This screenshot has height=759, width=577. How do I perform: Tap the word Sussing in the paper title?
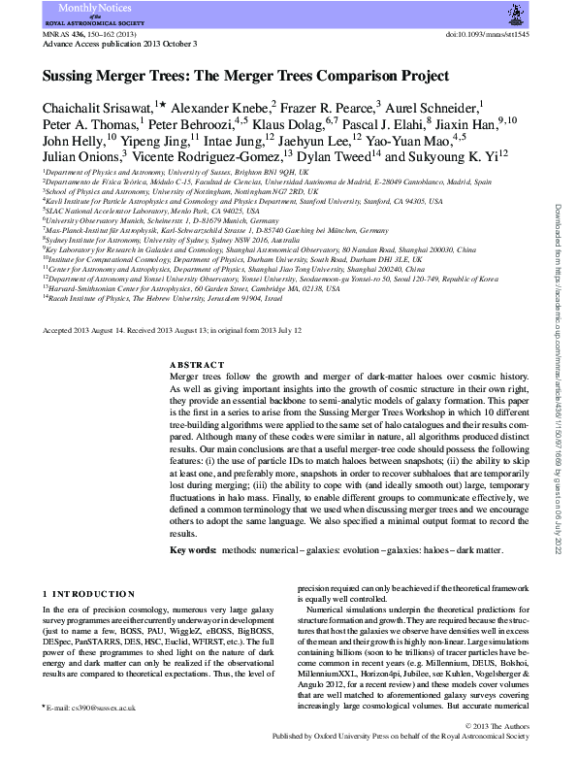coord(75,75)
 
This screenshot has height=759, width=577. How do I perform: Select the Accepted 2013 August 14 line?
coord(173,330)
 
